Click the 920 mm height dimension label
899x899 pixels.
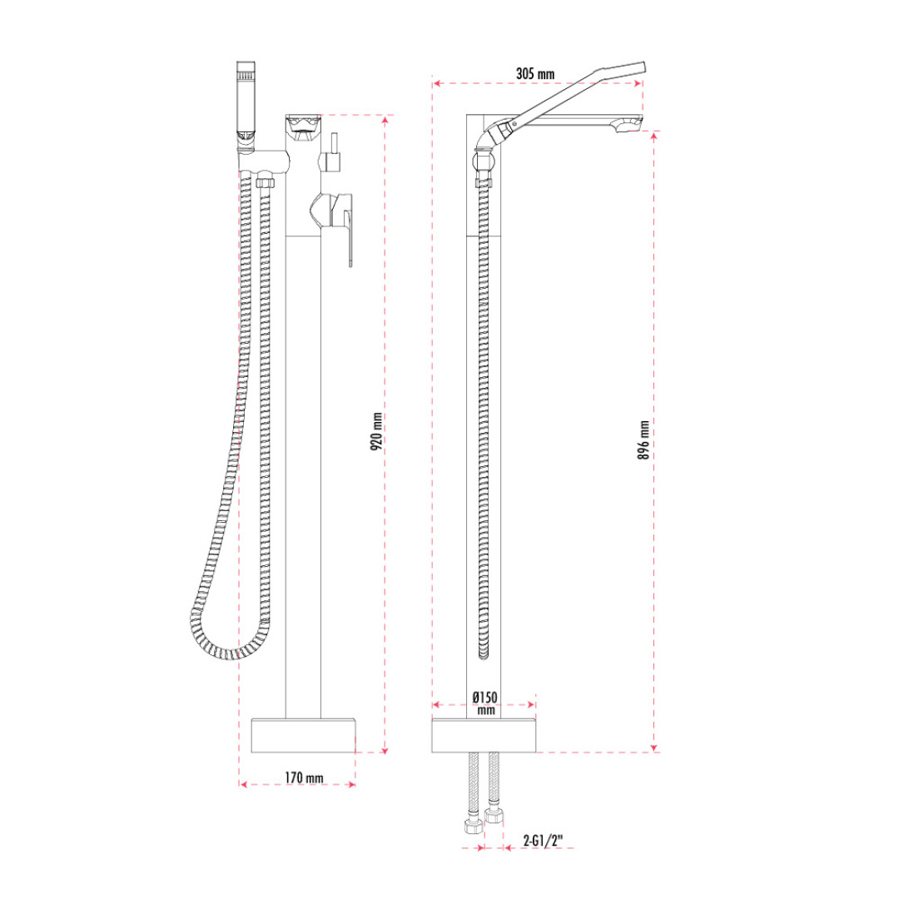tap(376, 431)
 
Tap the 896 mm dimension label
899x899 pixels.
tap(643, 440)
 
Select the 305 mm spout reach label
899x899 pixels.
tap(535, 73)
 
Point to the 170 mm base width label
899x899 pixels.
tap(304, 778)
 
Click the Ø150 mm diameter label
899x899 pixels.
tap(485, 703)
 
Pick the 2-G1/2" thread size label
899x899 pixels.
tap(543, 841)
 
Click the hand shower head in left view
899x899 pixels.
tap(246, 101)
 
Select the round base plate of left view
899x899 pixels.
tap(303, 735)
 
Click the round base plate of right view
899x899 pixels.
tap(484, 735)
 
